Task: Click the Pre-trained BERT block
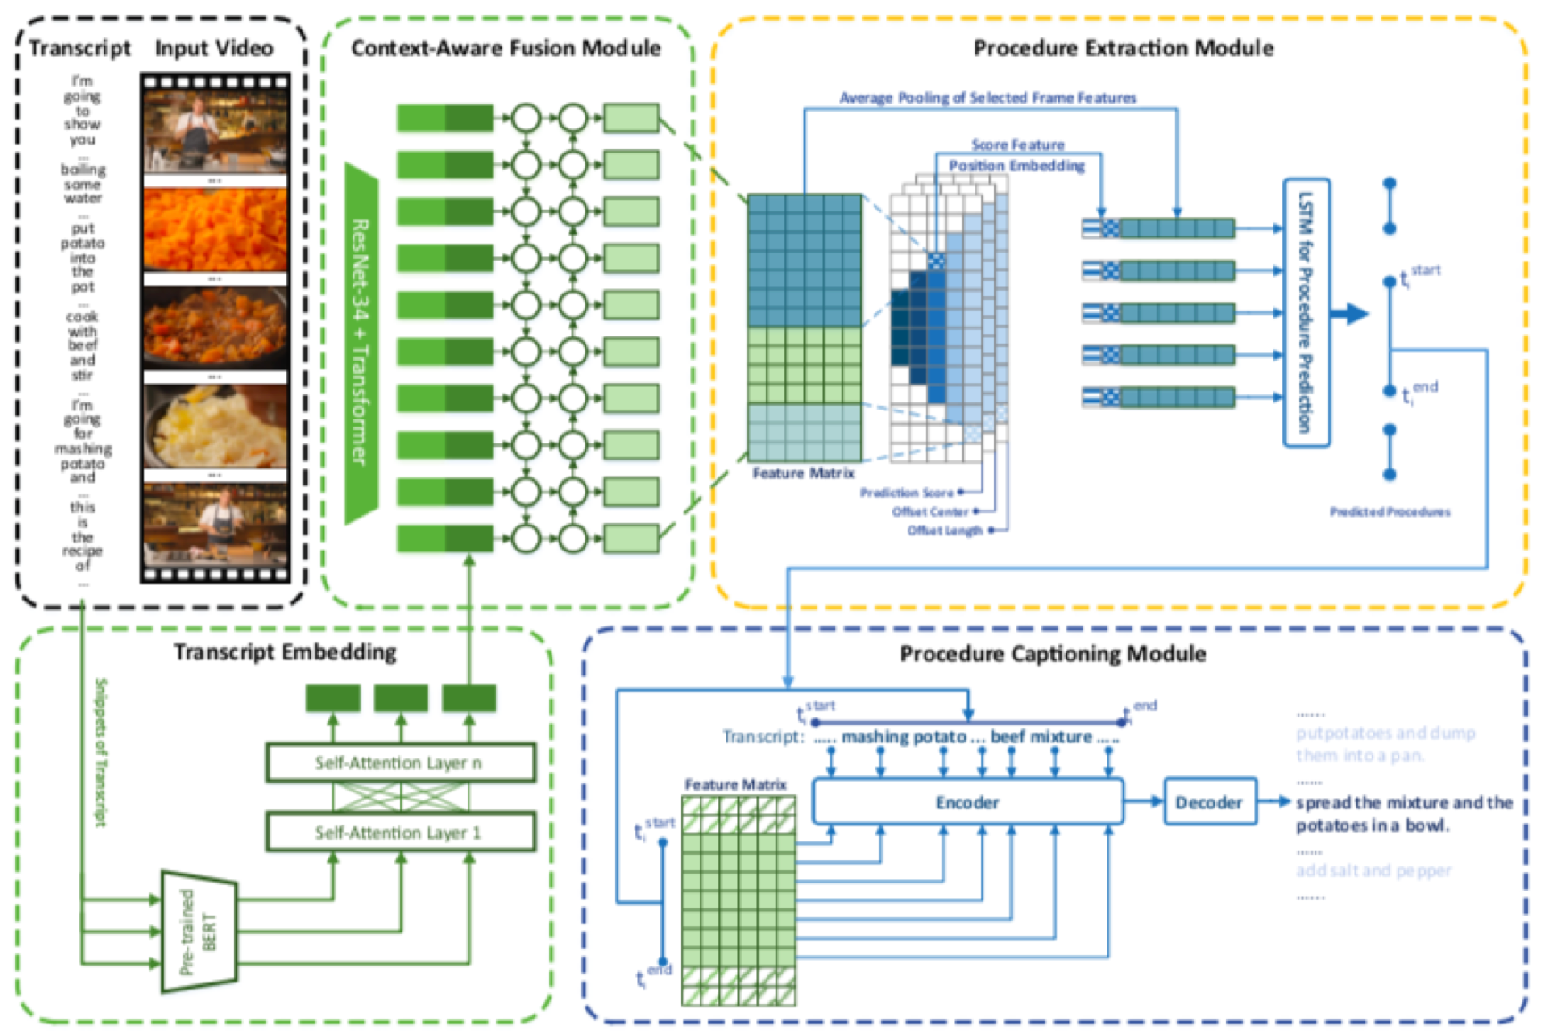(x=199, y=932)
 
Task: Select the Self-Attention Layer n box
(x=401, y=763)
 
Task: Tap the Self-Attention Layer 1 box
(x=401, y=833)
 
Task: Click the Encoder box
(x=967, y=802)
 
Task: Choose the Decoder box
(x=1209, y=802)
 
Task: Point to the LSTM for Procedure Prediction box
(x=1307, y=312)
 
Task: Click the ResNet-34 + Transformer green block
(x=361, y=344)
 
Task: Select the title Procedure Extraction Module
(x=1124, y=48)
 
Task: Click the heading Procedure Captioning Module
(x=1053, y=654)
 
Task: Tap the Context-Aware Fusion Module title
(x=506, y=48)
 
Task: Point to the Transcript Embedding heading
(x=286, y=652)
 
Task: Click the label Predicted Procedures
(x=1390, y=511)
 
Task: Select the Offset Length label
(x=944, y=531)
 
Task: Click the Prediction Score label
(x=906, y=493)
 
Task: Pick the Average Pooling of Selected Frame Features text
(x=987, y=97)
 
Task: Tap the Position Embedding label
(x=1016, y=165)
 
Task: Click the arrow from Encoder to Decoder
(x=1143, y=802)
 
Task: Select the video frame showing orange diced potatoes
(x=215, y=228)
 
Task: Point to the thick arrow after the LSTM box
(x=1349, y=313)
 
